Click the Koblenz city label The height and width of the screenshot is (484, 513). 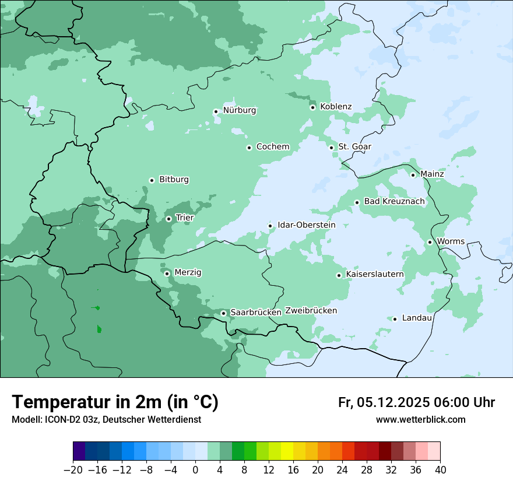[x=336, y=107]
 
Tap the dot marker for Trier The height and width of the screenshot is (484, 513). [x=168, y=219]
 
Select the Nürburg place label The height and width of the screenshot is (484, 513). [x=239, y=110]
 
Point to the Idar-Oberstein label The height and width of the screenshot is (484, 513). [x=306, y=225]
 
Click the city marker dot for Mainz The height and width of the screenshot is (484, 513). [x=413, y=175]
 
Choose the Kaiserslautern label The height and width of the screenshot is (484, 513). [x=374, y=274]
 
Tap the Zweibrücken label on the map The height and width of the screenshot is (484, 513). [x=311, y=311]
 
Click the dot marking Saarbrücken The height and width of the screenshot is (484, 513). [x=223, y=313]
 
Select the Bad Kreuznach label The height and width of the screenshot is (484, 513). [x=394, y=202]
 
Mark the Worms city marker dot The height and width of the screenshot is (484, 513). [x=430, y=242]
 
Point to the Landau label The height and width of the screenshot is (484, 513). [x=417, y=318]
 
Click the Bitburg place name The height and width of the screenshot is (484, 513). [x=174, y=180]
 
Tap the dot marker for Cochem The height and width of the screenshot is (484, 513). [x=249, y=148]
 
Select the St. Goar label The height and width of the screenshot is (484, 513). [x=354, y=147]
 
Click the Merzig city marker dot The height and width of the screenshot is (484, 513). [x=167, y=273]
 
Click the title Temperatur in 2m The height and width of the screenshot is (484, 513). [x=115, y=402]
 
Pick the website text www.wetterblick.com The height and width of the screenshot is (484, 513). [x=420, y=420]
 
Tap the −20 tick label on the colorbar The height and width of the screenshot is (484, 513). [x=73, y=470]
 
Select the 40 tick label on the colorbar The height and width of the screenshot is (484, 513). [x=440, y=470]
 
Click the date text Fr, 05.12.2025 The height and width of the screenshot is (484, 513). [x=384, y=402]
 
